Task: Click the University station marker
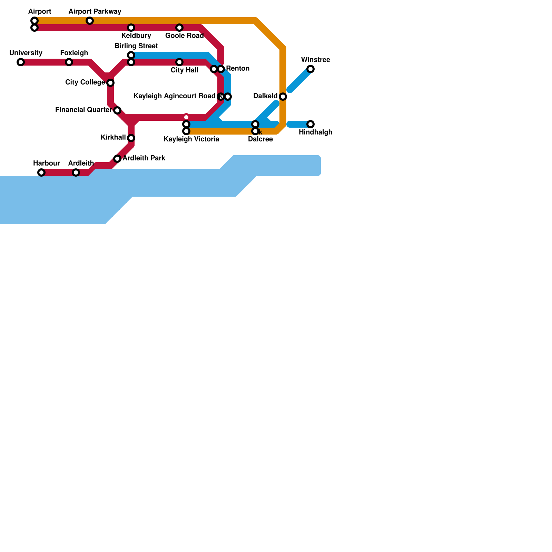coord(21,62)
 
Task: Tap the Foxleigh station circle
coord(69,62)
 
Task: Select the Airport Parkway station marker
coord(90,21)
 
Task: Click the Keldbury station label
coord(136,36)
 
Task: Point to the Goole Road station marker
coord(179,28)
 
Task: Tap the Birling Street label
coord(136,46)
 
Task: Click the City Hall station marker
coord(179,62)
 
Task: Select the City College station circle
coord(110,83)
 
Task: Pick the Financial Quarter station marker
coord(117,110)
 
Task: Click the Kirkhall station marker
coord(131,138)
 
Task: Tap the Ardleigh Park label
coord(144,158)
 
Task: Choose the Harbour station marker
coord(41,172)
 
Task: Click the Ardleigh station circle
coord(76,172)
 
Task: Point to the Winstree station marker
coord(310,69)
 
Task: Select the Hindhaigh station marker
coord(310,124)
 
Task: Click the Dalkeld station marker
coord(283,97)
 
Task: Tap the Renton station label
coord(238,69)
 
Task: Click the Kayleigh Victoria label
coord(191,139)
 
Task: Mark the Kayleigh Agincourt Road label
coord(174,96)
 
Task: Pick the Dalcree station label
coord(260,139)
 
